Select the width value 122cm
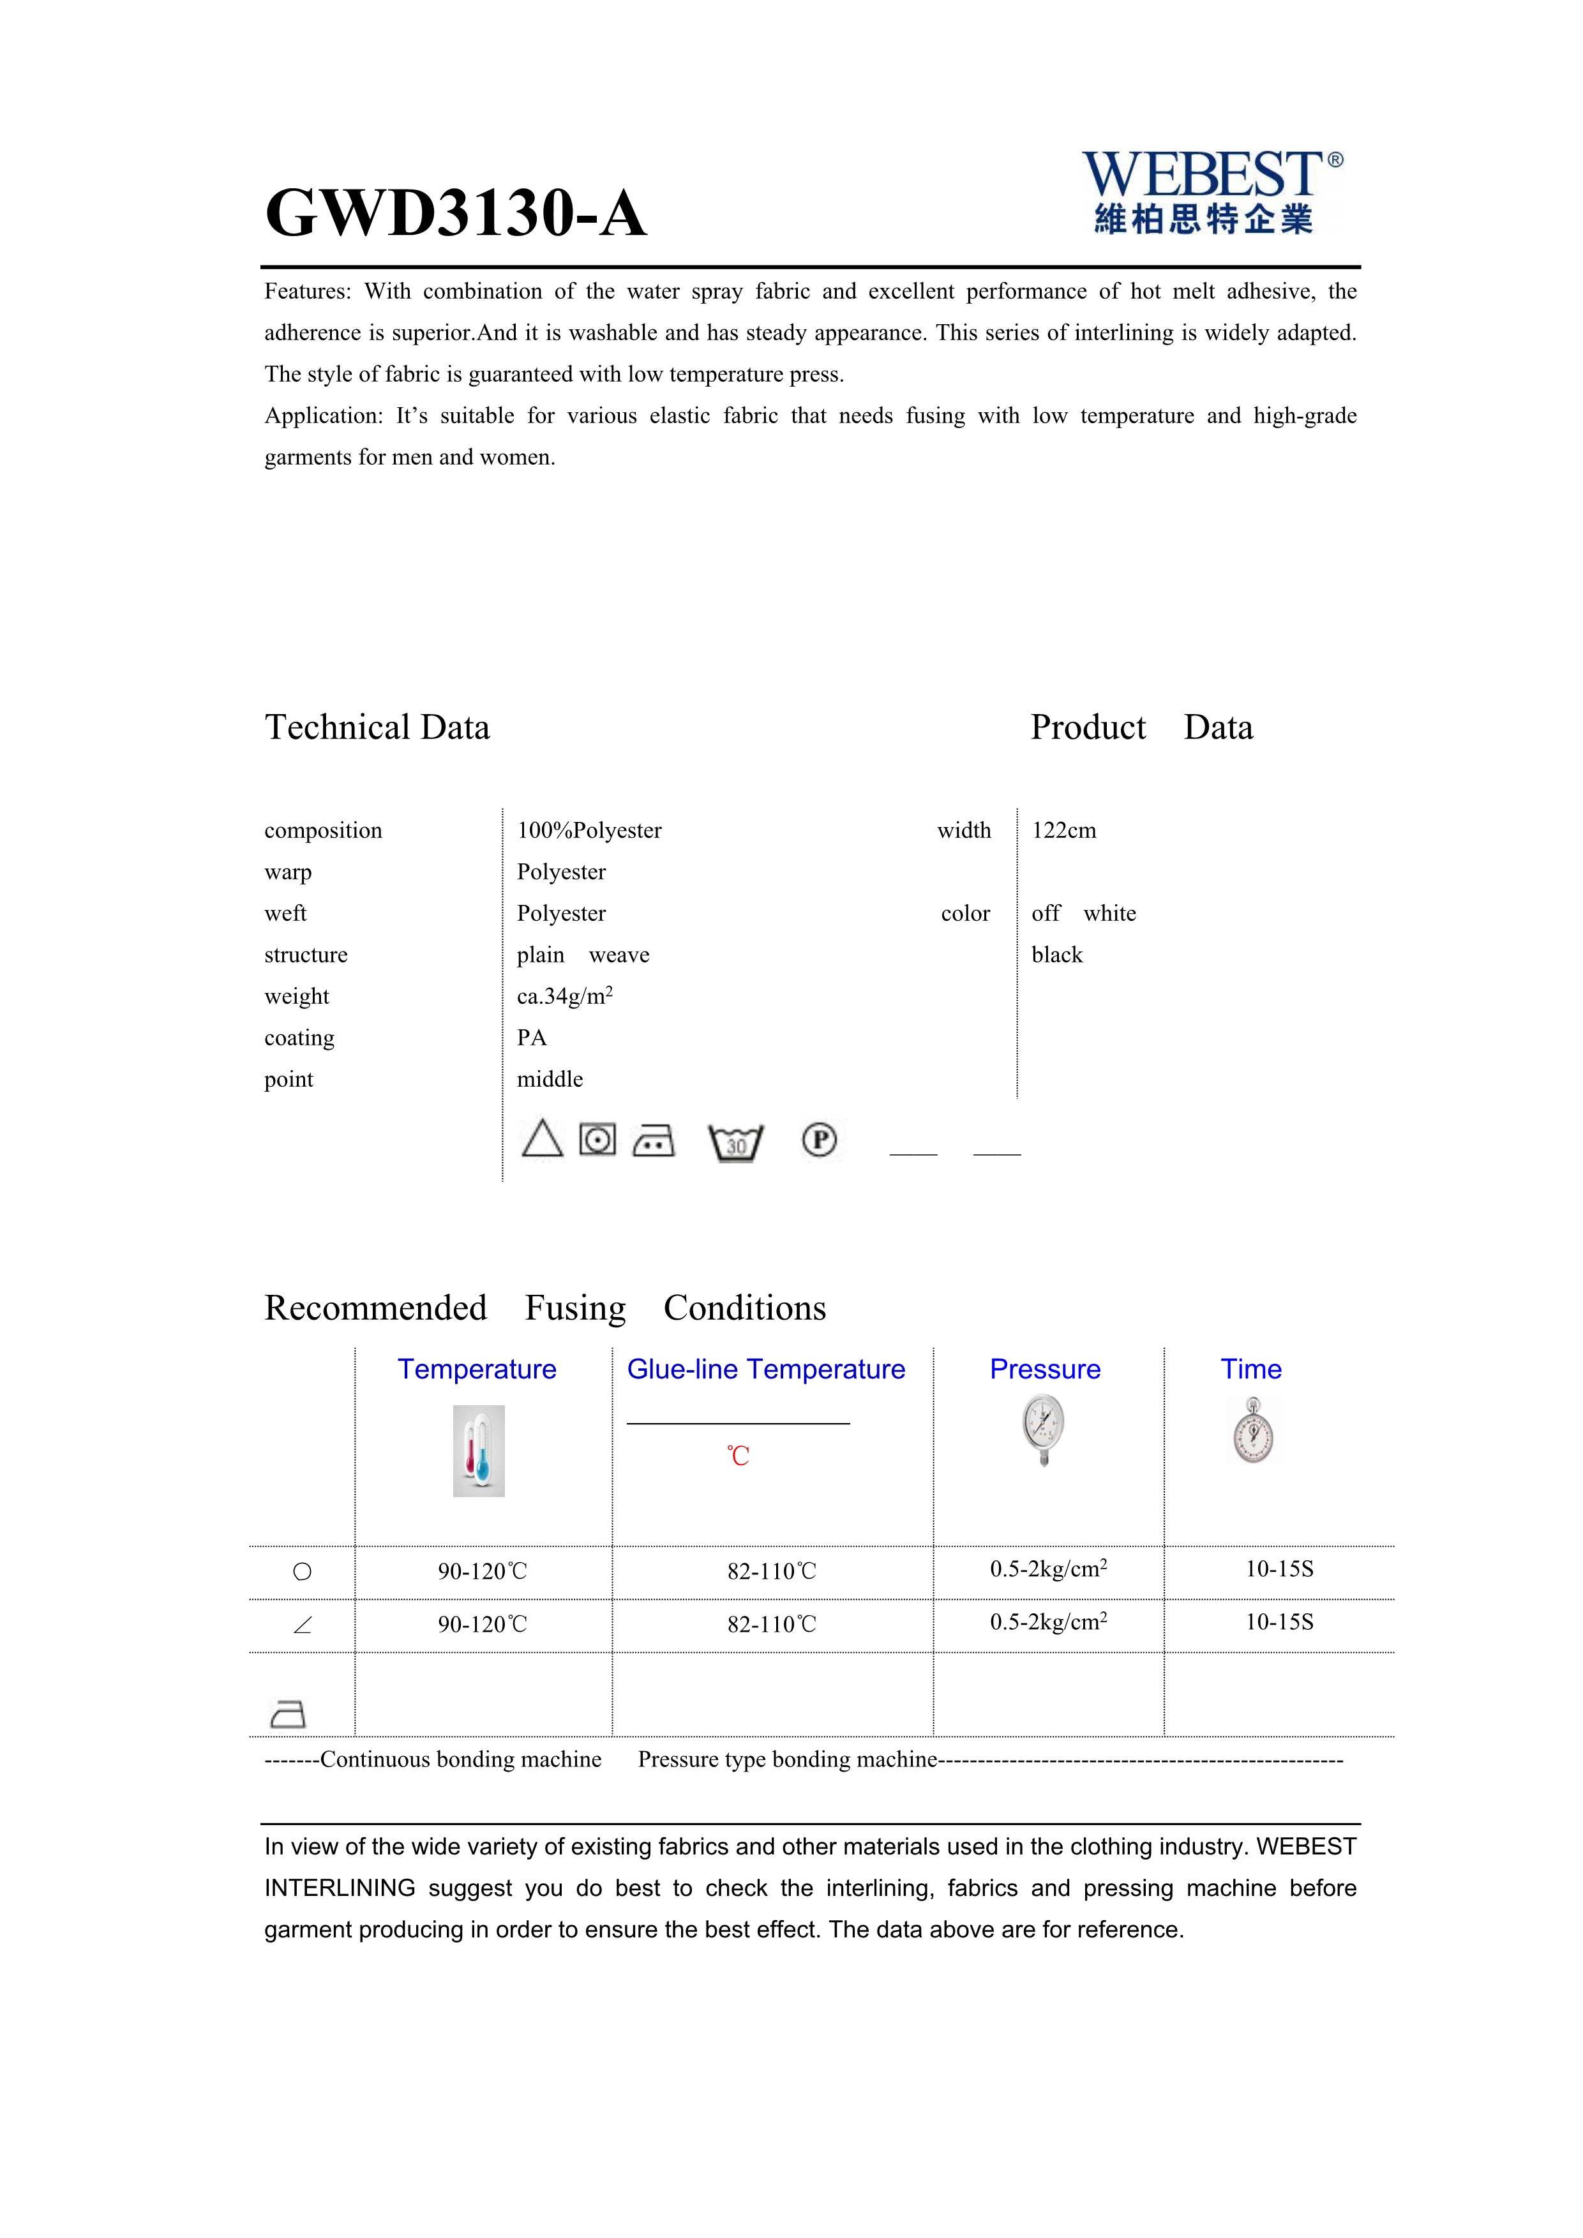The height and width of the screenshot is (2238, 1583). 1063,830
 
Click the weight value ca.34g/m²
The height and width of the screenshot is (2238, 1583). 564,996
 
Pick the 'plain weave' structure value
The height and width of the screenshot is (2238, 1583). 583,955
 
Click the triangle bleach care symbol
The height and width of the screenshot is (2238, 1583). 542,1138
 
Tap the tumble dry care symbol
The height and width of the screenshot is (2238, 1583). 597,1138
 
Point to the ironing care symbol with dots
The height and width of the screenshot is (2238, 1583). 653,1140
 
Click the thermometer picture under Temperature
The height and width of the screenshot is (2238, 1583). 479,1451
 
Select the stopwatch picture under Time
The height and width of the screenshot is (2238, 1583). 1252,1431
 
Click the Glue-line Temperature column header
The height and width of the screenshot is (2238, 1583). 765,1369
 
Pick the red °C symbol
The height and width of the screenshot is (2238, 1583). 738,1456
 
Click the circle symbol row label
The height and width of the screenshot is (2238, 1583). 302,1571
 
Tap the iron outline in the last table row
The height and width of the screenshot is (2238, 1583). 287,1713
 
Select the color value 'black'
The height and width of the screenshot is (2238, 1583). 1056,955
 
